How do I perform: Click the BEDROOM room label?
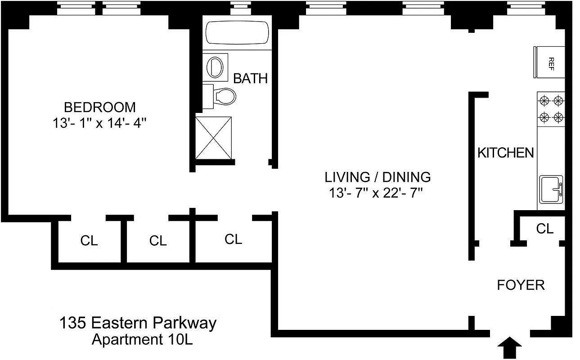tap(99, 107)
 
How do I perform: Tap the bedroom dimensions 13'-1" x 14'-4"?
tap(99, 123)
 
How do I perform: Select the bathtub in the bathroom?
tap(237, 32)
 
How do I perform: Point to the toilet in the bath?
tap(224, 95)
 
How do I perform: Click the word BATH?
tap(250, 78)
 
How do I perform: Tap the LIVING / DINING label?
tap(378, 176)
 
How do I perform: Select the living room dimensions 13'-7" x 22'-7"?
tap(376, 193)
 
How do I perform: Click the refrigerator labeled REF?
tap(549, 62)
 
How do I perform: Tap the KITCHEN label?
tap(505, 153)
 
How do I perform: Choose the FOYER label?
tap(521, 285)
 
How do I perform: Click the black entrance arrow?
tap(510, 348)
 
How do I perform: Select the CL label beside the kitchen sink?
tap(544, 229)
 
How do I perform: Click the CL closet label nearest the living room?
tap(233, 239)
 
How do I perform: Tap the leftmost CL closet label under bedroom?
tap(89, 241)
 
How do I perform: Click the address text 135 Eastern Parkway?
tap(138, 323)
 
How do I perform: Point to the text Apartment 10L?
tap(142, 339)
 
